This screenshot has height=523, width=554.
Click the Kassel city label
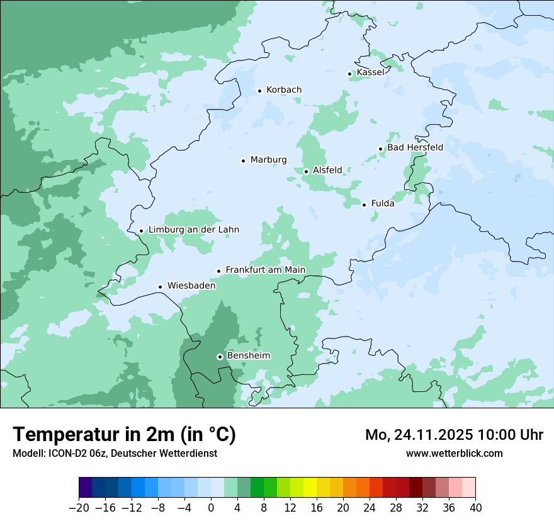pos(370,72)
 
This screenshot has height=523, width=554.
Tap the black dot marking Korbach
pos(259,91)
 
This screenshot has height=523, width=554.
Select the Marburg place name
pos(268,160)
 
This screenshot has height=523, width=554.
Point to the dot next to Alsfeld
pos(306,171)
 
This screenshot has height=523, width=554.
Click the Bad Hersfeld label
pos(415,147)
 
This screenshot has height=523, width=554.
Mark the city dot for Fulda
pos(364,205)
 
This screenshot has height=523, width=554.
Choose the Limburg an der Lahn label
pos(193,230)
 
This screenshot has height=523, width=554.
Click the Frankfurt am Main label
pos(265,270)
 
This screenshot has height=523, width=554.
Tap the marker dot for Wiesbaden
pos(160,287)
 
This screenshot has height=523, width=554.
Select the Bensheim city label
pos(248,355)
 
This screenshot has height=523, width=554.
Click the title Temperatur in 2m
pos(124,434)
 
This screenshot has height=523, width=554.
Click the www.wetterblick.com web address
pos(454,453)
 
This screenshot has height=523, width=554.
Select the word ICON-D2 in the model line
pos(64,453)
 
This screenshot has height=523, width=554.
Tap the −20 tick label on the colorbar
pos(79,508)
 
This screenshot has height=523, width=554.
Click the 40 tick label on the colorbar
pos(475,508)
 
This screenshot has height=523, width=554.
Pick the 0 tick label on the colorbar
pos(211,508)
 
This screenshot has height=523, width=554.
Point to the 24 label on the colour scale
pos(370,508)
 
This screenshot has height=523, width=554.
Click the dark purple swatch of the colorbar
pos(86,488)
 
